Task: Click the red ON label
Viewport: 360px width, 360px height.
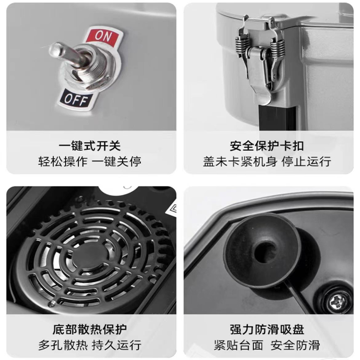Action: (103, 37)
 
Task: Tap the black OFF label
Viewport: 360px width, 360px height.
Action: (75, 99)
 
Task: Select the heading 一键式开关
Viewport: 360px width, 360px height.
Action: (90, 146)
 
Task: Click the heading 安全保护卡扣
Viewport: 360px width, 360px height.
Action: (267, 146)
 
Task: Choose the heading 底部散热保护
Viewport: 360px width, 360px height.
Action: (90, 329)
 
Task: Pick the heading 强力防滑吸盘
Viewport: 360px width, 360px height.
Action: (267, 329)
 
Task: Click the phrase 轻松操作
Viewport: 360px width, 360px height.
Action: (63, 162)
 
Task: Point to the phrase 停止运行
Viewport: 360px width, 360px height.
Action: (306, 162)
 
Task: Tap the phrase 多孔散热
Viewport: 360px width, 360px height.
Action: (63, 345)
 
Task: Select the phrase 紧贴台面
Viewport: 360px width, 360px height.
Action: (238, 345)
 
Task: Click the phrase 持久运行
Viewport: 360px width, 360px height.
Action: (117, 345)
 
